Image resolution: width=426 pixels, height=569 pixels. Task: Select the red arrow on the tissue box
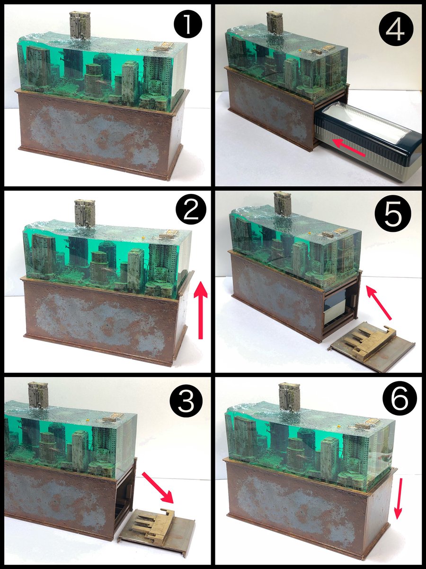click(x=348, y=147)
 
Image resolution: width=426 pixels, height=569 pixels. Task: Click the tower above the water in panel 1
click(x=80, y=26)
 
